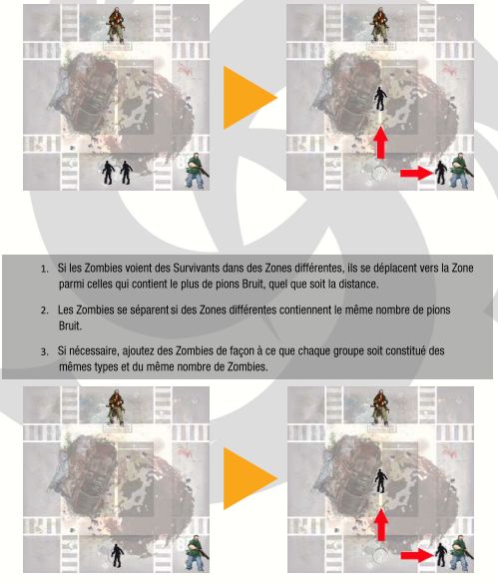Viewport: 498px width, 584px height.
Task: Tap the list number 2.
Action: pyautogui.click(x=44, y=310)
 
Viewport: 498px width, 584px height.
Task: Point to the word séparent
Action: pyautogui.click(x=150, y=310)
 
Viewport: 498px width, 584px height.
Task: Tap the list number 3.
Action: pyautogui.click(x=44, y=351)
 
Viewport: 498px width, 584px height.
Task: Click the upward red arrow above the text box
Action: pyautogui.click(x=380, y=143)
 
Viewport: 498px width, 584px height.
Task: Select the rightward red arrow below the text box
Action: pyautogui.click(x=417, y=556)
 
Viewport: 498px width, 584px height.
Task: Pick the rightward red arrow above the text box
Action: pyautogui.click(x=417, y=173)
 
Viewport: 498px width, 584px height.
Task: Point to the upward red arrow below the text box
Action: pyautogui.click(x=380, y=525)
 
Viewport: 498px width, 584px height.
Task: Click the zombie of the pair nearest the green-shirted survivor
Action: pyautogui.click(x=127, y=173)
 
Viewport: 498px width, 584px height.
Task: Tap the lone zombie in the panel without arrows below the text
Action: pyautogui.click(x=118, y=556)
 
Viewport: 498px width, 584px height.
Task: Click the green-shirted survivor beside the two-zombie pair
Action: pyautogui.click(x=197, y=171)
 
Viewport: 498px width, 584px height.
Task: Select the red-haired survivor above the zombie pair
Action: pyautogui.click(x=117, y=25)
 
